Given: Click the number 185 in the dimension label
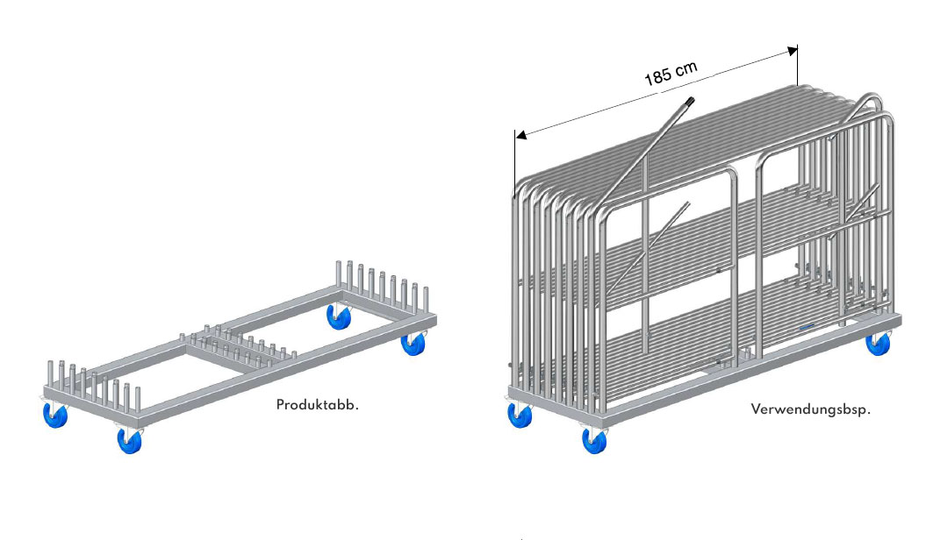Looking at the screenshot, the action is (x=657, y=75).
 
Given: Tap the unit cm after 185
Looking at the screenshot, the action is (x=686, y=68).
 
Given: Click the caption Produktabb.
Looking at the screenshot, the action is (x=317, y=405).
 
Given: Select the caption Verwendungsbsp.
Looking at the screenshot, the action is (x=810, y=409).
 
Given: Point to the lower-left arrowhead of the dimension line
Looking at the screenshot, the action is (x=520, y=136).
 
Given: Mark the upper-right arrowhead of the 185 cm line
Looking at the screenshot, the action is (x=793, y=52).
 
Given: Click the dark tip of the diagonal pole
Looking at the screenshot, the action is (x=689, y=103).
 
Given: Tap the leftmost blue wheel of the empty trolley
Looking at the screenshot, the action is (x=55, y=414).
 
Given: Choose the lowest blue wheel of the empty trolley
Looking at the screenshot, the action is (x=130, y=439).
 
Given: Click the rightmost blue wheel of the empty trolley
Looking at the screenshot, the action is (x=413, y=343).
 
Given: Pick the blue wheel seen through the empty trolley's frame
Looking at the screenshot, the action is (x=339, y=317).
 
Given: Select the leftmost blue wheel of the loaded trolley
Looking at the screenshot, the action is (x=520, y=414).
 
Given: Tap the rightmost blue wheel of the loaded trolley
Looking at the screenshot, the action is (x=879, y=343).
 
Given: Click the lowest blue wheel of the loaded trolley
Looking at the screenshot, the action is (x=595, y=440).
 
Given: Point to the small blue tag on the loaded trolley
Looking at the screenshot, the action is (x=808, y=326).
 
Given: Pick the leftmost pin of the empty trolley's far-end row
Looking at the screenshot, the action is (x=339, y=274).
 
